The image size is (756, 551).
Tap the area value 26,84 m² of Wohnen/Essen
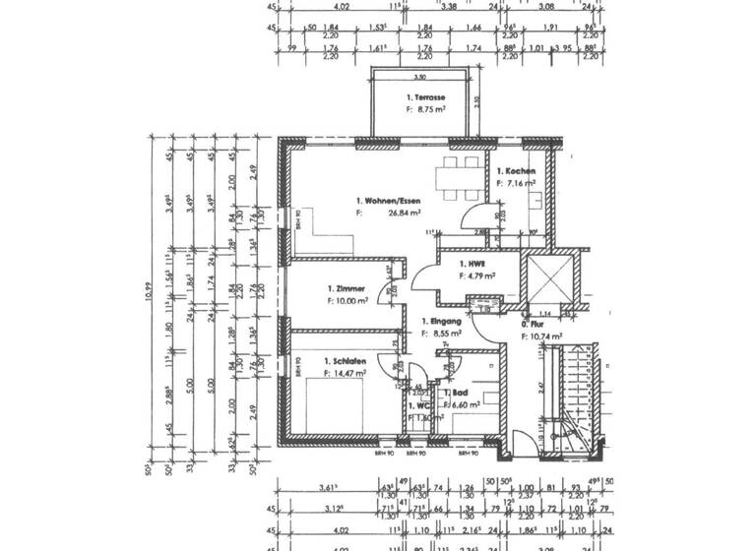[404, 212]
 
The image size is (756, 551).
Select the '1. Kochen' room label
[516, 171]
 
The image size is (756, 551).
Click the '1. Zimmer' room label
[346, 288]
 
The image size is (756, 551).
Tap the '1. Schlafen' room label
[346, 362]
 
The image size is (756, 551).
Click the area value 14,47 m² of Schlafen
[351, 374]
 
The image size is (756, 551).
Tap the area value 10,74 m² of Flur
[545, 337]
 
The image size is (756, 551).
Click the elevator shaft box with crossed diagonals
[546, 280]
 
